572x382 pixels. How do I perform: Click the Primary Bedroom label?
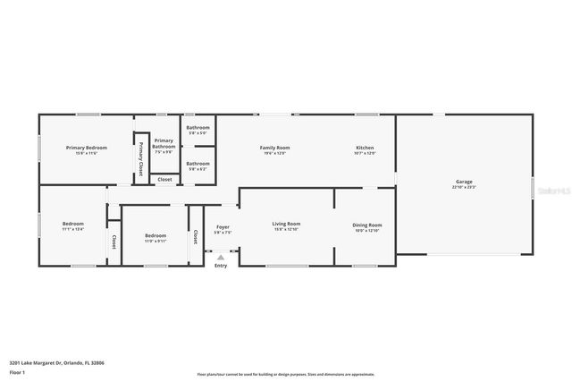[86, 148]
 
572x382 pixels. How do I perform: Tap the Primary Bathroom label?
[164, 141]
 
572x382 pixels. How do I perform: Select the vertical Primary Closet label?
[140, 158]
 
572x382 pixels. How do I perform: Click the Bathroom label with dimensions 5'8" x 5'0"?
[198, 128]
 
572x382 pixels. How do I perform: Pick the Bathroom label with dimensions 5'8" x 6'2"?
[198, 164]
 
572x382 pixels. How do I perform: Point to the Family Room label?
[274, 148]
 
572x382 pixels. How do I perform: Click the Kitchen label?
[365, 148]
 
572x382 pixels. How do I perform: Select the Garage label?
[464, 182]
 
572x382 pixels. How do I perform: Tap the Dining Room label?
[367, 225]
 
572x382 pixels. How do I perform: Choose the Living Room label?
[286, 224]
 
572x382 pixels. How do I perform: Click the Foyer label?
[223, 227]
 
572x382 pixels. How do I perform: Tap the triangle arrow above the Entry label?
[221, 257]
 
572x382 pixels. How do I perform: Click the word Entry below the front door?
[221, 266]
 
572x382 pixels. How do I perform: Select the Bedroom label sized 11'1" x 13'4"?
[72, 224]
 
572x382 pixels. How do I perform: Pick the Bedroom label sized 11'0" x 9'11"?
[155, 236]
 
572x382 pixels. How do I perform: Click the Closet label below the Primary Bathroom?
[164, 179]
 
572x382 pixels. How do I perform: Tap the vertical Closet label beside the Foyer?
[195, 236]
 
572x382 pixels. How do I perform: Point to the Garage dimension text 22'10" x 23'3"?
[464, 187]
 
